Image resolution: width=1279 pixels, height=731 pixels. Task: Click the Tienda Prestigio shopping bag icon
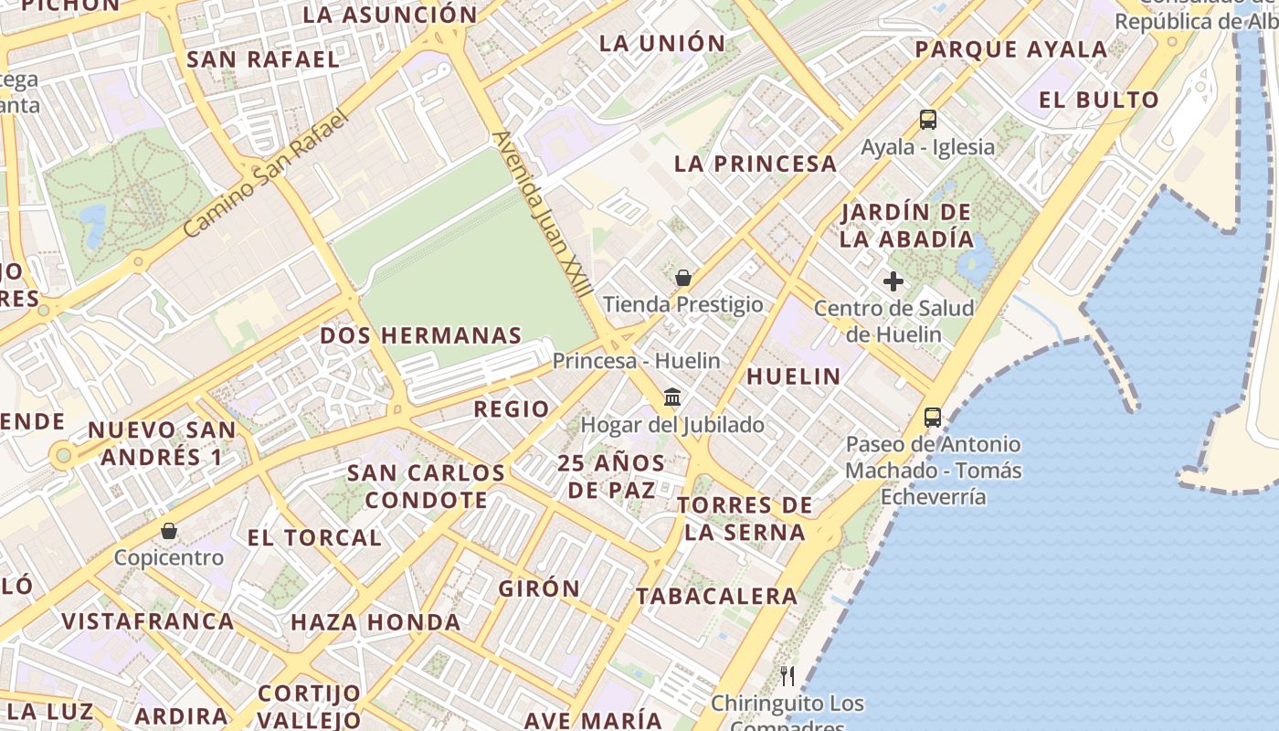(682, 278)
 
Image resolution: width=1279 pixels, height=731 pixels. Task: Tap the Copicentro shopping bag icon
(169, 531)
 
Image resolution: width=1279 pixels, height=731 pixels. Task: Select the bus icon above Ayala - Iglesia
(928, 119)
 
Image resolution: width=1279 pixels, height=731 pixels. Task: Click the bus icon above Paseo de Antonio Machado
(933, 418)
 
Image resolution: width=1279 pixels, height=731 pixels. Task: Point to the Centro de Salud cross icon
(893, 281)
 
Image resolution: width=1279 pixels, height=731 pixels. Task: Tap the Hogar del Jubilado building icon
(673, 397)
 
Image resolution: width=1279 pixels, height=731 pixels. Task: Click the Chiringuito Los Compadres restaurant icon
(787, 676)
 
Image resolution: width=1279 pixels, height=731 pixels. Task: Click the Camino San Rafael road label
(267, 174)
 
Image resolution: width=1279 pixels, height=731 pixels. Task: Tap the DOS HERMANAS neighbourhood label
(421, 335)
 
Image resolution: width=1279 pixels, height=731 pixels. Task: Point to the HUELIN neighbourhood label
(794, 376)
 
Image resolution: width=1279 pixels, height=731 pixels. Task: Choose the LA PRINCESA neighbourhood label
(756, 164)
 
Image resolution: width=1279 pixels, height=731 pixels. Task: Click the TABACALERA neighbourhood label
(717, 596)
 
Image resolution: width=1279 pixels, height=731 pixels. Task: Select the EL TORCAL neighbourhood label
(314, 537)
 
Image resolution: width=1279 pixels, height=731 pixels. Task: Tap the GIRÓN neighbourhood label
(539, 588)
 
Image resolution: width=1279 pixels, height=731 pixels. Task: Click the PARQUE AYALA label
(1011, 49)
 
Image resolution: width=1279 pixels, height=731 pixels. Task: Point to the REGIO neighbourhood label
(512, 408)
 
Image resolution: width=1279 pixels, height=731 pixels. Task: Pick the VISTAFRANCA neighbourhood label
(148, 621)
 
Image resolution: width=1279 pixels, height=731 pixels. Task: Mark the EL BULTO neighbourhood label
(1099, 100)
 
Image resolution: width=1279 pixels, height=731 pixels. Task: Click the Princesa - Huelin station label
(636, 361)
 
